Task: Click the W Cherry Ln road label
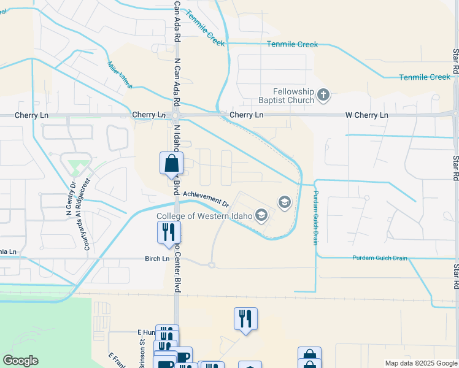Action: point(367,115)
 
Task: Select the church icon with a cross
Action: point(324,95)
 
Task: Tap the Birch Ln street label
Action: point(156,259)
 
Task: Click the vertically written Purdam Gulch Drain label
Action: point(315,217)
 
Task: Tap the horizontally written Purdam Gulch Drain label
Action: point(380,258)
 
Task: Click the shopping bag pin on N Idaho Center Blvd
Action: point(171,164)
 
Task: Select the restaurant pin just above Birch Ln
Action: point(168,233)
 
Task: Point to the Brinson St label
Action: point(142,355)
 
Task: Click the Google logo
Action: point(20,361)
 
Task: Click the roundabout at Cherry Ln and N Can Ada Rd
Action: point(175,115)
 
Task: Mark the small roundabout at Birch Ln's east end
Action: point(211,265)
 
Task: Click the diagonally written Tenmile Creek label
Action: point(205,27)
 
